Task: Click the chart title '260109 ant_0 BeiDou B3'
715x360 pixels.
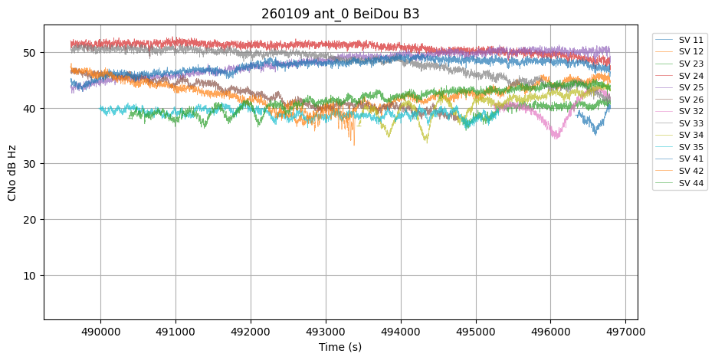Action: click(x=340, y=14)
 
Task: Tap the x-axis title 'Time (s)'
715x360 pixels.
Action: click(x=340, y=347)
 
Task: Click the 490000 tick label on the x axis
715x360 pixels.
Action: click(x=100, y=332)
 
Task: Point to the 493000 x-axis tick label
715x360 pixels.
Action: click(x=326, y=332)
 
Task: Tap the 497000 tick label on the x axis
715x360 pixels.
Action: click(x=625, y=332)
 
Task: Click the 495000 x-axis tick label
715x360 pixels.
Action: click(x=475, y=332)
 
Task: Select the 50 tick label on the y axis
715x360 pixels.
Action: click(x=29, y=53)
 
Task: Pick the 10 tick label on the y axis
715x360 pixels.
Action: click(x=29, y=275)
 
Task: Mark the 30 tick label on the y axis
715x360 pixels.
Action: click(x=29, y=164)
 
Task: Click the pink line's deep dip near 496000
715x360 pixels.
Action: click(x=556, y=137)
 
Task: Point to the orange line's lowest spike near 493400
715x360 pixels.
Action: click(x=354, y=144)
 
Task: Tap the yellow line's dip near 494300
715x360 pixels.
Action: click(x=427, y=142)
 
